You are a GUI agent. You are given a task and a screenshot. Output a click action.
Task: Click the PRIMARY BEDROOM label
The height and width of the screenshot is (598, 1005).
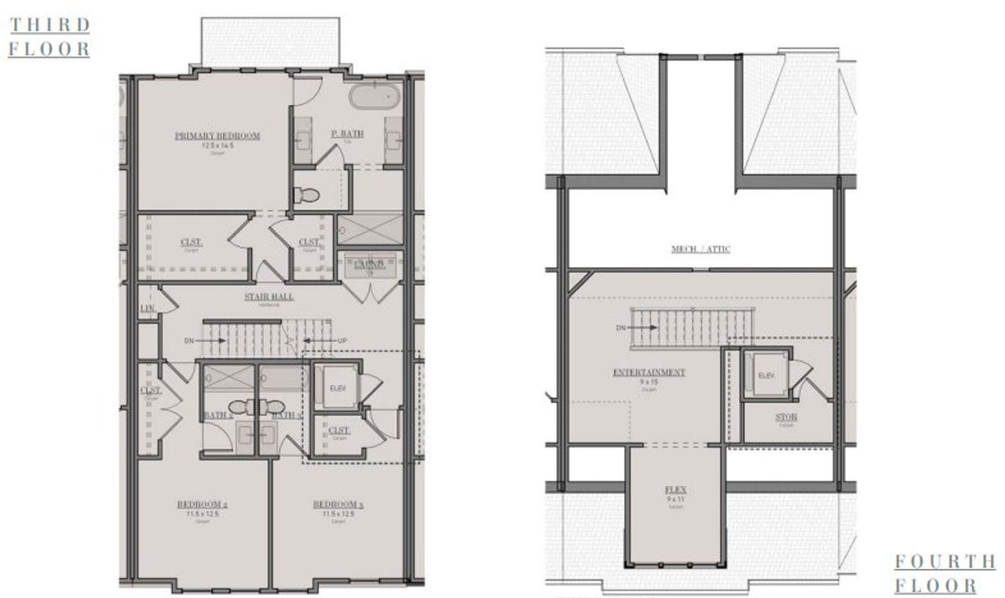(217, 136)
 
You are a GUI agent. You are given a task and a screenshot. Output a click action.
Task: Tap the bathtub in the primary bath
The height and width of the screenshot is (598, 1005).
(375, 97)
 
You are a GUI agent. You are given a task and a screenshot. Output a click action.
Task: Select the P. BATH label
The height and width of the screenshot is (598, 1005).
(346, 134)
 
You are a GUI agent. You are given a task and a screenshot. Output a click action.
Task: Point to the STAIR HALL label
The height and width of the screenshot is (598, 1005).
(268, 297)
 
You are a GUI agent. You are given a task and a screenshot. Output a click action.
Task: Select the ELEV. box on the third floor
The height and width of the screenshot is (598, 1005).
(338, 386)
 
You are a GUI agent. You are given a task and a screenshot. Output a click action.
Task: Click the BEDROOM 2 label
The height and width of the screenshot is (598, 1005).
(203, 504)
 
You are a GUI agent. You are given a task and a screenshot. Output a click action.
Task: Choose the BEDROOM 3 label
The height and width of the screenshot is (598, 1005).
(338, 504)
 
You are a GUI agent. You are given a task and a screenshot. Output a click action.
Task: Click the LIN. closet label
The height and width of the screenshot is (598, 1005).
(147, 309)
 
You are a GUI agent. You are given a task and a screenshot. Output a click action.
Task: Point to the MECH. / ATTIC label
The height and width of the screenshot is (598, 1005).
(700, 250)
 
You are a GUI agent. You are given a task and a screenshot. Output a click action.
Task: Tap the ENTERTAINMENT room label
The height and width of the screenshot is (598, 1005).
(649, 372)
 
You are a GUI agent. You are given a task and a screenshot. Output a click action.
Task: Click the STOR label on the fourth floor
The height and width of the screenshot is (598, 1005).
(786, 418)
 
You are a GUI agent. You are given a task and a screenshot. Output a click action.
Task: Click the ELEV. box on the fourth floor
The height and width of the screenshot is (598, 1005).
(766, 376)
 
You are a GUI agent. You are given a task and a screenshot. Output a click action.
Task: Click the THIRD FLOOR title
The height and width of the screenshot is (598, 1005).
(49, 36)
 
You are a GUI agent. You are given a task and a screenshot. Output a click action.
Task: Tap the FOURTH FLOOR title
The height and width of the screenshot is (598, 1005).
(945, 574)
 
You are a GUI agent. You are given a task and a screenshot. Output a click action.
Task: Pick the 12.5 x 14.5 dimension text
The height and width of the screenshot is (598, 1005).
(217, 145)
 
